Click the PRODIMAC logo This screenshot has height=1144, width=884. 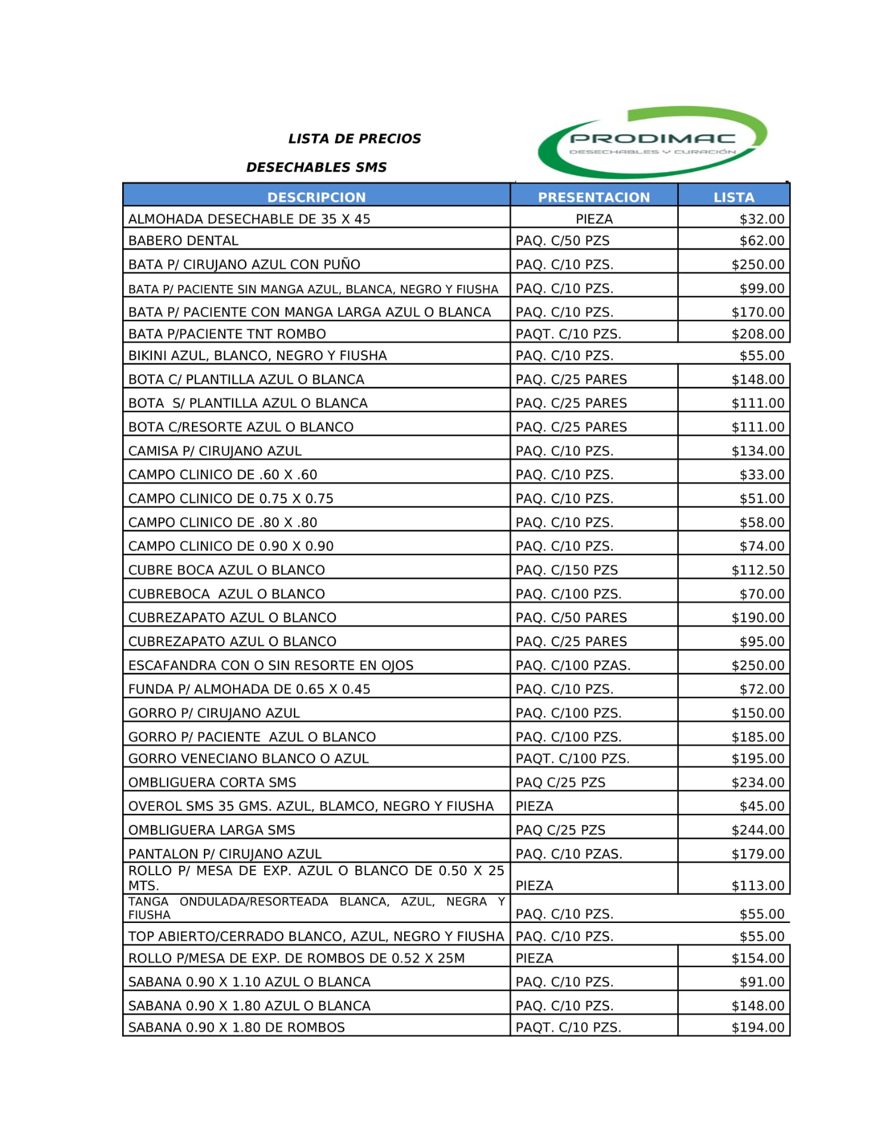(652, 142)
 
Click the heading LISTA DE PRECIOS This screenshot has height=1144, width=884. (354, 139)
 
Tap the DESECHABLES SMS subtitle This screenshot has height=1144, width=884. (317, 167)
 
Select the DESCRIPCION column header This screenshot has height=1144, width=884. (316, 197)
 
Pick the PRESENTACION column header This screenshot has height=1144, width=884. (594, 197)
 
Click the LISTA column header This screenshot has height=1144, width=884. (734, 197)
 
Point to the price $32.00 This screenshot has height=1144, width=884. (762, 219)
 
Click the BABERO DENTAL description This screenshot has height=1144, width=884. (184, 241)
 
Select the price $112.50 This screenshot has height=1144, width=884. (758, 570)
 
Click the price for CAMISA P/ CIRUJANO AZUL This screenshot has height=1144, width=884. (758, 451)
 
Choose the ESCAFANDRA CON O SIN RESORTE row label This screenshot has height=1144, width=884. (271, 666)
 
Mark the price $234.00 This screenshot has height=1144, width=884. (758, 782)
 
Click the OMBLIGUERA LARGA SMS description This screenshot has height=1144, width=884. (212, 830)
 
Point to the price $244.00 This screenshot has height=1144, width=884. (758, 830)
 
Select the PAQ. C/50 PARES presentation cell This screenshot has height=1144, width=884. (571, 618)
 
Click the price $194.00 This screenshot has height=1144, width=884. (758, 1027)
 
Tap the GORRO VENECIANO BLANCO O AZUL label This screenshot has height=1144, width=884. (249, 758)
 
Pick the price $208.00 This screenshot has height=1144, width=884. (758, 334)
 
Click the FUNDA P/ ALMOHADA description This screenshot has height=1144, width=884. (249, 689)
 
